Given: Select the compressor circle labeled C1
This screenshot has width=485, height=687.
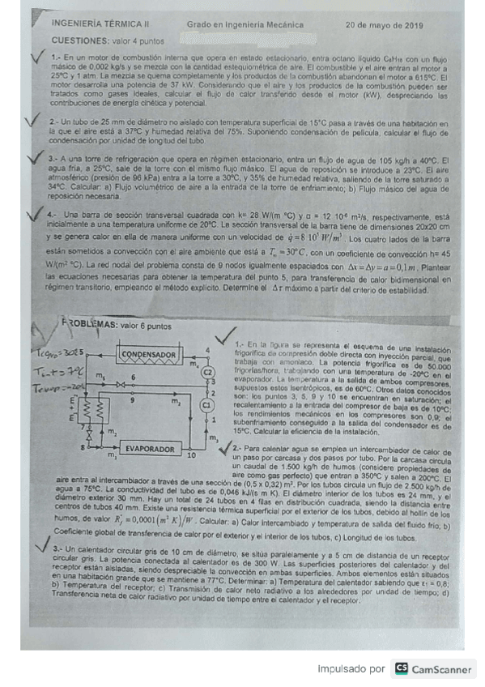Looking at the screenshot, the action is pyautogui.click(x=206, y=403).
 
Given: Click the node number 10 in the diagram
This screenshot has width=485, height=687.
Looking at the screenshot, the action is pyautogui.click(x=190, y=456).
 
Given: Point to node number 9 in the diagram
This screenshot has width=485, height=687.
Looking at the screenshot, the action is pyautogui.click(x=133, y=400).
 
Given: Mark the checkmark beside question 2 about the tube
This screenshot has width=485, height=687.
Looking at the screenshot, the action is pyautogui.click(x=31, y=122).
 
